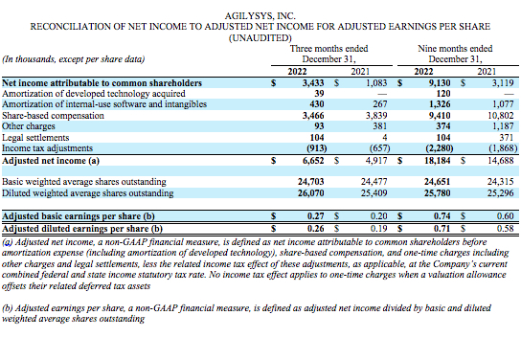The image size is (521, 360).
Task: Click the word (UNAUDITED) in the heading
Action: point(260,38)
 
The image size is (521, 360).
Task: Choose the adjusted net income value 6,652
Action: point(329,160)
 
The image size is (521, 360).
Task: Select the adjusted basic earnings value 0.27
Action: point(334,216)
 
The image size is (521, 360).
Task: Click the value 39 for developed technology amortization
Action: point(338,94)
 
